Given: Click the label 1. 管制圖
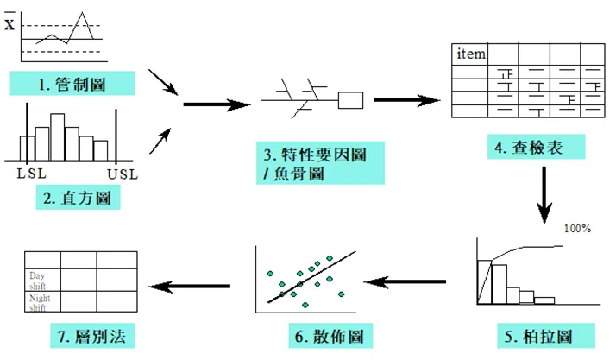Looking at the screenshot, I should (73, 83).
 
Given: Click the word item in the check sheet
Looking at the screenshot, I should (471, 54).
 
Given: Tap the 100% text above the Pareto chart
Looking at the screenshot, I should (577, 229).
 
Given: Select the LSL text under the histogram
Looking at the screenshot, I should (32, 173).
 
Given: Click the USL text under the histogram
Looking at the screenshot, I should (123, 173).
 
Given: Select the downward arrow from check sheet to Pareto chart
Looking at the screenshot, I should (544, 193).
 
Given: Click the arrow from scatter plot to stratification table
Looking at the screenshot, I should (190, 286).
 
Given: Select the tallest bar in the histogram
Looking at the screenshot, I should (58, 136).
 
